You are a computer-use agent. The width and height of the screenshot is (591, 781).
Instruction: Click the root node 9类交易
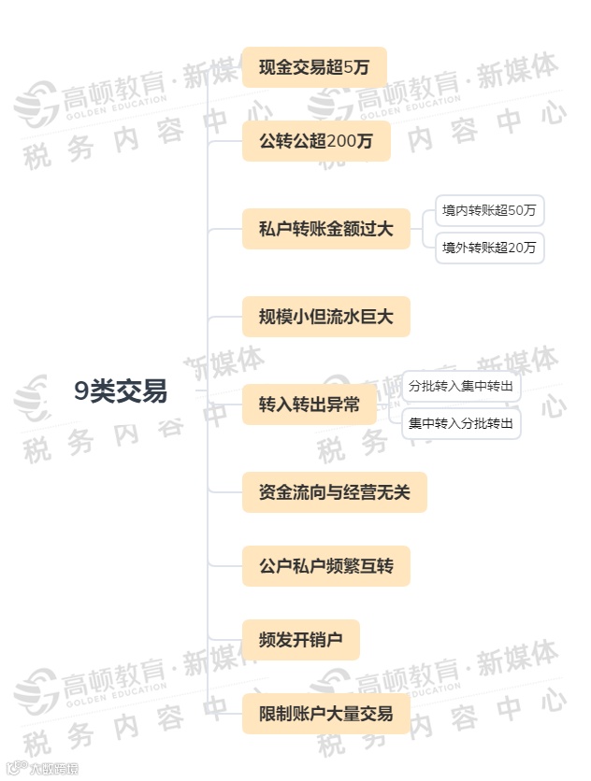122,392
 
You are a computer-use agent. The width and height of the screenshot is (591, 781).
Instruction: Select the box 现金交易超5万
314,67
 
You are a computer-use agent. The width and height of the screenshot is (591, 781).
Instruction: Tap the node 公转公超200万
316,141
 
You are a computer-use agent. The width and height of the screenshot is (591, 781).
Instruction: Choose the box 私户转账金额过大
325,229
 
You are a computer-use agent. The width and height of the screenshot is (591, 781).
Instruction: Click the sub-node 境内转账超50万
489,210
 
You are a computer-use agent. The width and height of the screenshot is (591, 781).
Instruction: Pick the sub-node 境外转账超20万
489,248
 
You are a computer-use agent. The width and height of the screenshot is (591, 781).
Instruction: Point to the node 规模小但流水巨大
325,318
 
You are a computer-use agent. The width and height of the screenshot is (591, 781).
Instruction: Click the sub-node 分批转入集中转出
461,386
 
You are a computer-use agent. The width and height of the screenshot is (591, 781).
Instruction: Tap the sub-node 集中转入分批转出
461,423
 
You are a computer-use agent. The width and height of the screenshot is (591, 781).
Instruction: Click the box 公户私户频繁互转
325,566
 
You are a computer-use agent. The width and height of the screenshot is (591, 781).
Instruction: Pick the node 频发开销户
300,641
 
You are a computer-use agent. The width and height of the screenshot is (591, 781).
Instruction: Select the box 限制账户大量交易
325,715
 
